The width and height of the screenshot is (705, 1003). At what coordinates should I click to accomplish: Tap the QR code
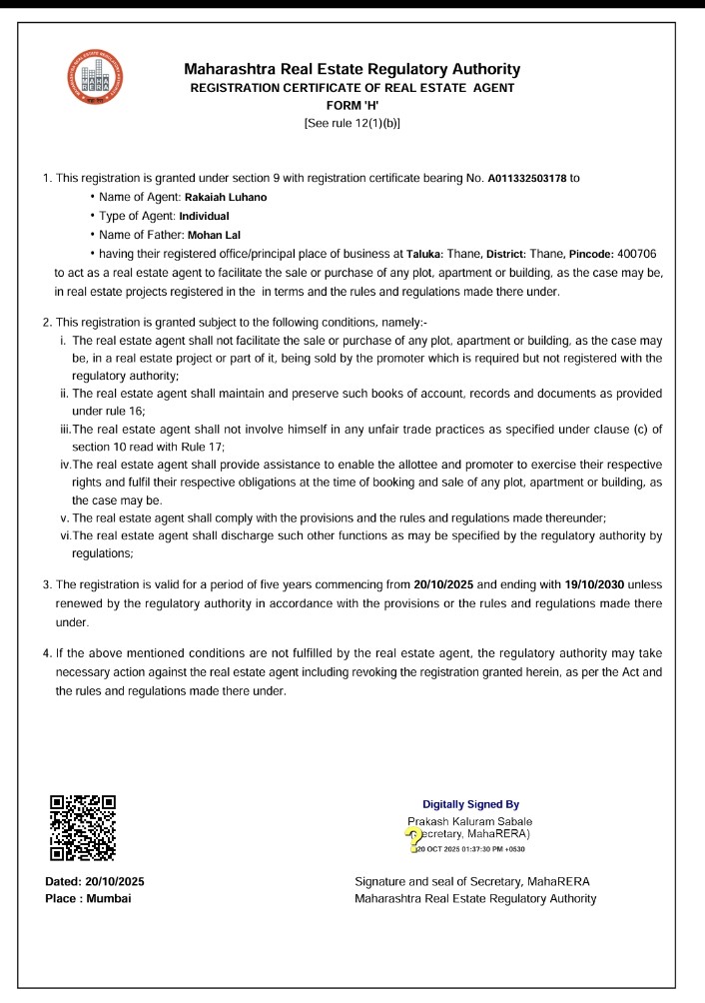[x=83, y=827]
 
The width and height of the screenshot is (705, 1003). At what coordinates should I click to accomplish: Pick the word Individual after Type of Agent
[x=204, y=216]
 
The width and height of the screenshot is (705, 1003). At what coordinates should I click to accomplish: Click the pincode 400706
[x=633, y=254]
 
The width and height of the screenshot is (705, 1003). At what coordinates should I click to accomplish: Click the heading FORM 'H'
[x=352, y=105]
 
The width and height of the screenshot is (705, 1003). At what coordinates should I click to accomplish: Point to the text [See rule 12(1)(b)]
[x=352, y=123]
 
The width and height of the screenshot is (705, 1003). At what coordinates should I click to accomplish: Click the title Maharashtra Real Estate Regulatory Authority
[x=352, y=69]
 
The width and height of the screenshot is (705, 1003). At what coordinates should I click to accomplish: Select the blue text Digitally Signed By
[x=471, y=804]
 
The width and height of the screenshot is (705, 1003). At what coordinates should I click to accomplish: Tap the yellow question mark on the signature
[x=410, y=835]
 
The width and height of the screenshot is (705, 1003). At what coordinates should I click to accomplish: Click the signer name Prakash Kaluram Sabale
[x=469, y=821]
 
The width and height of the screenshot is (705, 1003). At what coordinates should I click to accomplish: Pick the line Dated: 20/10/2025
[x=95, y=881]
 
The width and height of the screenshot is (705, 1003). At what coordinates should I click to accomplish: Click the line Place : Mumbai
[x=89, y=898]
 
